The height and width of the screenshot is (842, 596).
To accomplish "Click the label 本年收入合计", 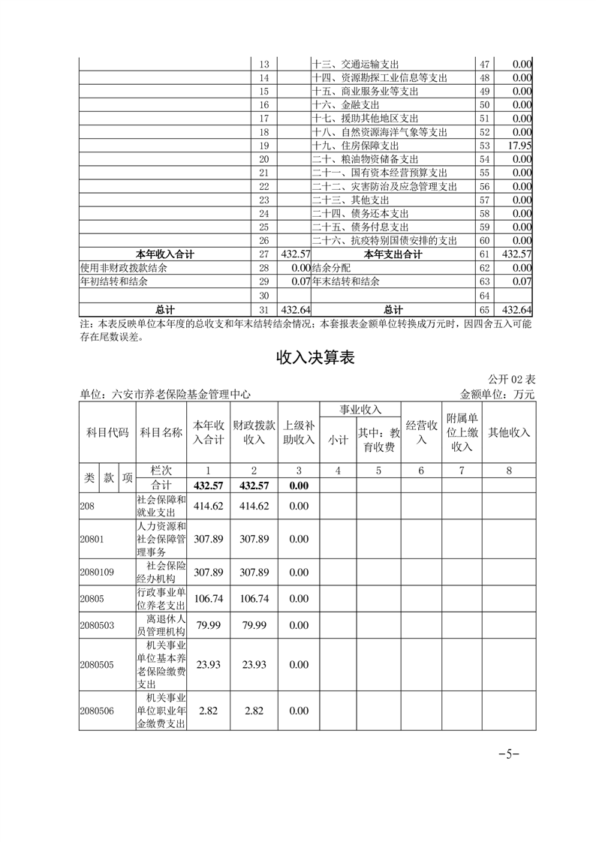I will [164, 255].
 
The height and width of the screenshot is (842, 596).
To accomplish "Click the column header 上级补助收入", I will [298, 432].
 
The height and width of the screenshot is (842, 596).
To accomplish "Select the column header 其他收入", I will [509, 432].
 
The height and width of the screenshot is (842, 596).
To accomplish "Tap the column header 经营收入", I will [421, 432].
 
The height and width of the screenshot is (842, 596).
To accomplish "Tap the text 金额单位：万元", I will [497, 394].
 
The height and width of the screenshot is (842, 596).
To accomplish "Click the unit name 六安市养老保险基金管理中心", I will [164, 394].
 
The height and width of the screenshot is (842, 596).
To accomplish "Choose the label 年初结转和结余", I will [113, 282].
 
